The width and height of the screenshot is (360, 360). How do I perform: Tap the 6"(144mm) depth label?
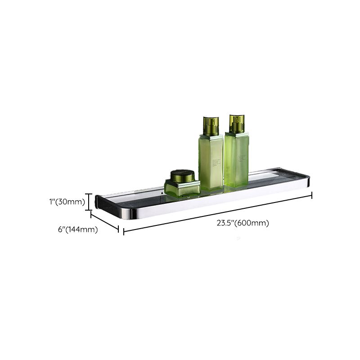pos(78,229)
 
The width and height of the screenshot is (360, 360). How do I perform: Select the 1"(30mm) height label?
pos(67,202)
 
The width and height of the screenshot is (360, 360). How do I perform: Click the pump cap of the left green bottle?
pos(211,126)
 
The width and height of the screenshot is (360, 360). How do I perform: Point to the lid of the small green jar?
pos(182,175)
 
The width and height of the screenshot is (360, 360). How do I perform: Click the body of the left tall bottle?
pos(211,162)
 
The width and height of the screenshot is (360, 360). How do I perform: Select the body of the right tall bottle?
pos(236,160)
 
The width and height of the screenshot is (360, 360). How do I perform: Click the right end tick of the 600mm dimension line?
pos(312,195)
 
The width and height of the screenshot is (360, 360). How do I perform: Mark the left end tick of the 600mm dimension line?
pos(124,232)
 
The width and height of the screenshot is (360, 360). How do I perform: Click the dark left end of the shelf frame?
pos(98,202)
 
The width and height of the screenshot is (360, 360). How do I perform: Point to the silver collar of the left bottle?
pos(211,136)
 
